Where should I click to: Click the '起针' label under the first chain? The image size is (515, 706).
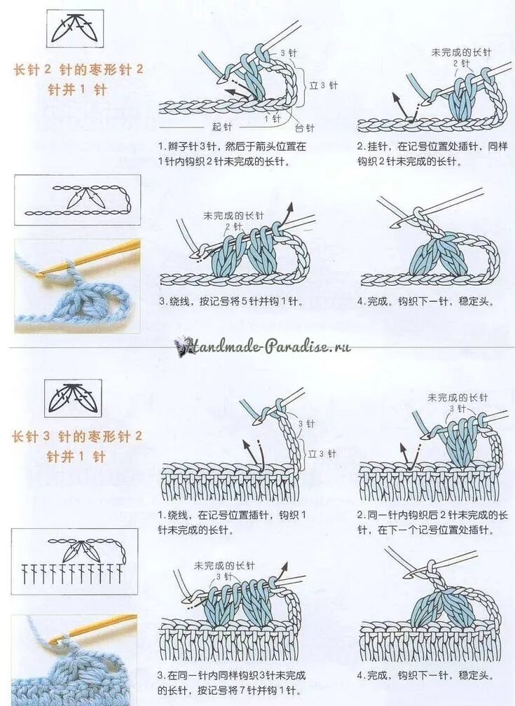(x=222, y=127)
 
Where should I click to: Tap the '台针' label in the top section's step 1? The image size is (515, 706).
(x=304, y=128)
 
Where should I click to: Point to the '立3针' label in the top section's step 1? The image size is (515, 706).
(x=324, y=85)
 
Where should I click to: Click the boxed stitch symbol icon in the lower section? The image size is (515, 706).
(x=73, y=398)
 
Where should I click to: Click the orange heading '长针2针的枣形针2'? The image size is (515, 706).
(x=78, y=69)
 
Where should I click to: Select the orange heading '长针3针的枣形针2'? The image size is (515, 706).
(x=77, y=436)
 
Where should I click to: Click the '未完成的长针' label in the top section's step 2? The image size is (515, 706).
(x=462, y=53)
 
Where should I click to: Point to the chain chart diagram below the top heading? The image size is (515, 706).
(x=77, y=200)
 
